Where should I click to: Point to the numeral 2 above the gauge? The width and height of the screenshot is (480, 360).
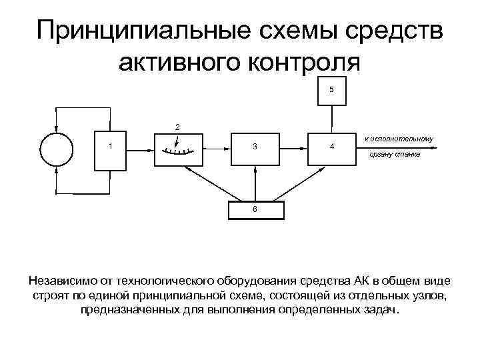[176, 126]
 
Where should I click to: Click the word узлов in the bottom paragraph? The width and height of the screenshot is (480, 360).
[431, 295]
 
